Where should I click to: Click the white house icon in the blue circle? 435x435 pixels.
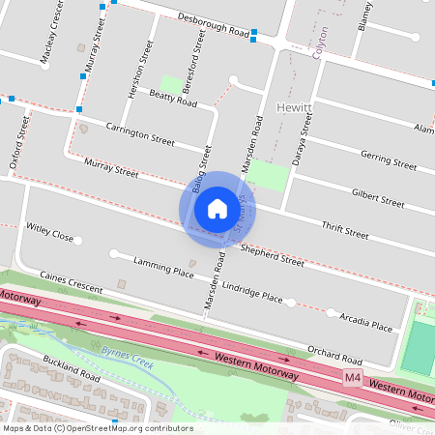coord(217,208)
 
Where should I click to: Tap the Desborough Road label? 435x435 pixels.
coord(215,24)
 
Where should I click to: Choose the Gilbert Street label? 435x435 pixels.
coord(378,197)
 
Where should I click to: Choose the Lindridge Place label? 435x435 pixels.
coord(252,292)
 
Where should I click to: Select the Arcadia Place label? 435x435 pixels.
coord(366,321)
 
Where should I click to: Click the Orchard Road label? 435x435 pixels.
coord(334,349)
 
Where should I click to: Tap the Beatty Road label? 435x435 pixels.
coord(174,98)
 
